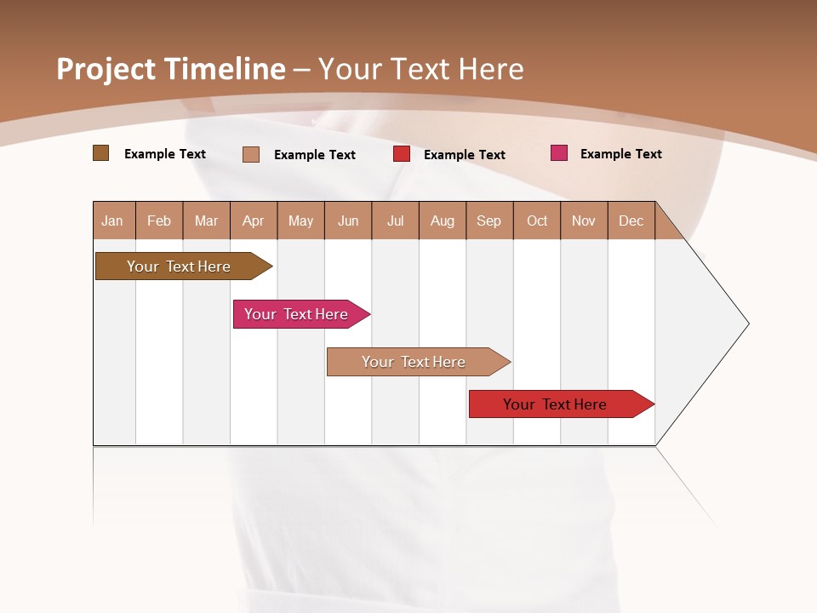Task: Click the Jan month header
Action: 112,221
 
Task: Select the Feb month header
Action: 159,221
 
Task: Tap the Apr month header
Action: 253,221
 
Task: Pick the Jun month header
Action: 348,221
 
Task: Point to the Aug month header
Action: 443,221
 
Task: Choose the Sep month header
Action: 489,221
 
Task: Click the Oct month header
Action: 537,221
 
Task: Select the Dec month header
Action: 631,221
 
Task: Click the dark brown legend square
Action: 100,153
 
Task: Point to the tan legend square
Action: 251,154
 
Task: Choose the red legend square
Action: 402,154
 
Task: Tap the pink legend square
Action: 559,153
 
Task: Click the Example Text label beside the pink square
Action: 620,154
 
